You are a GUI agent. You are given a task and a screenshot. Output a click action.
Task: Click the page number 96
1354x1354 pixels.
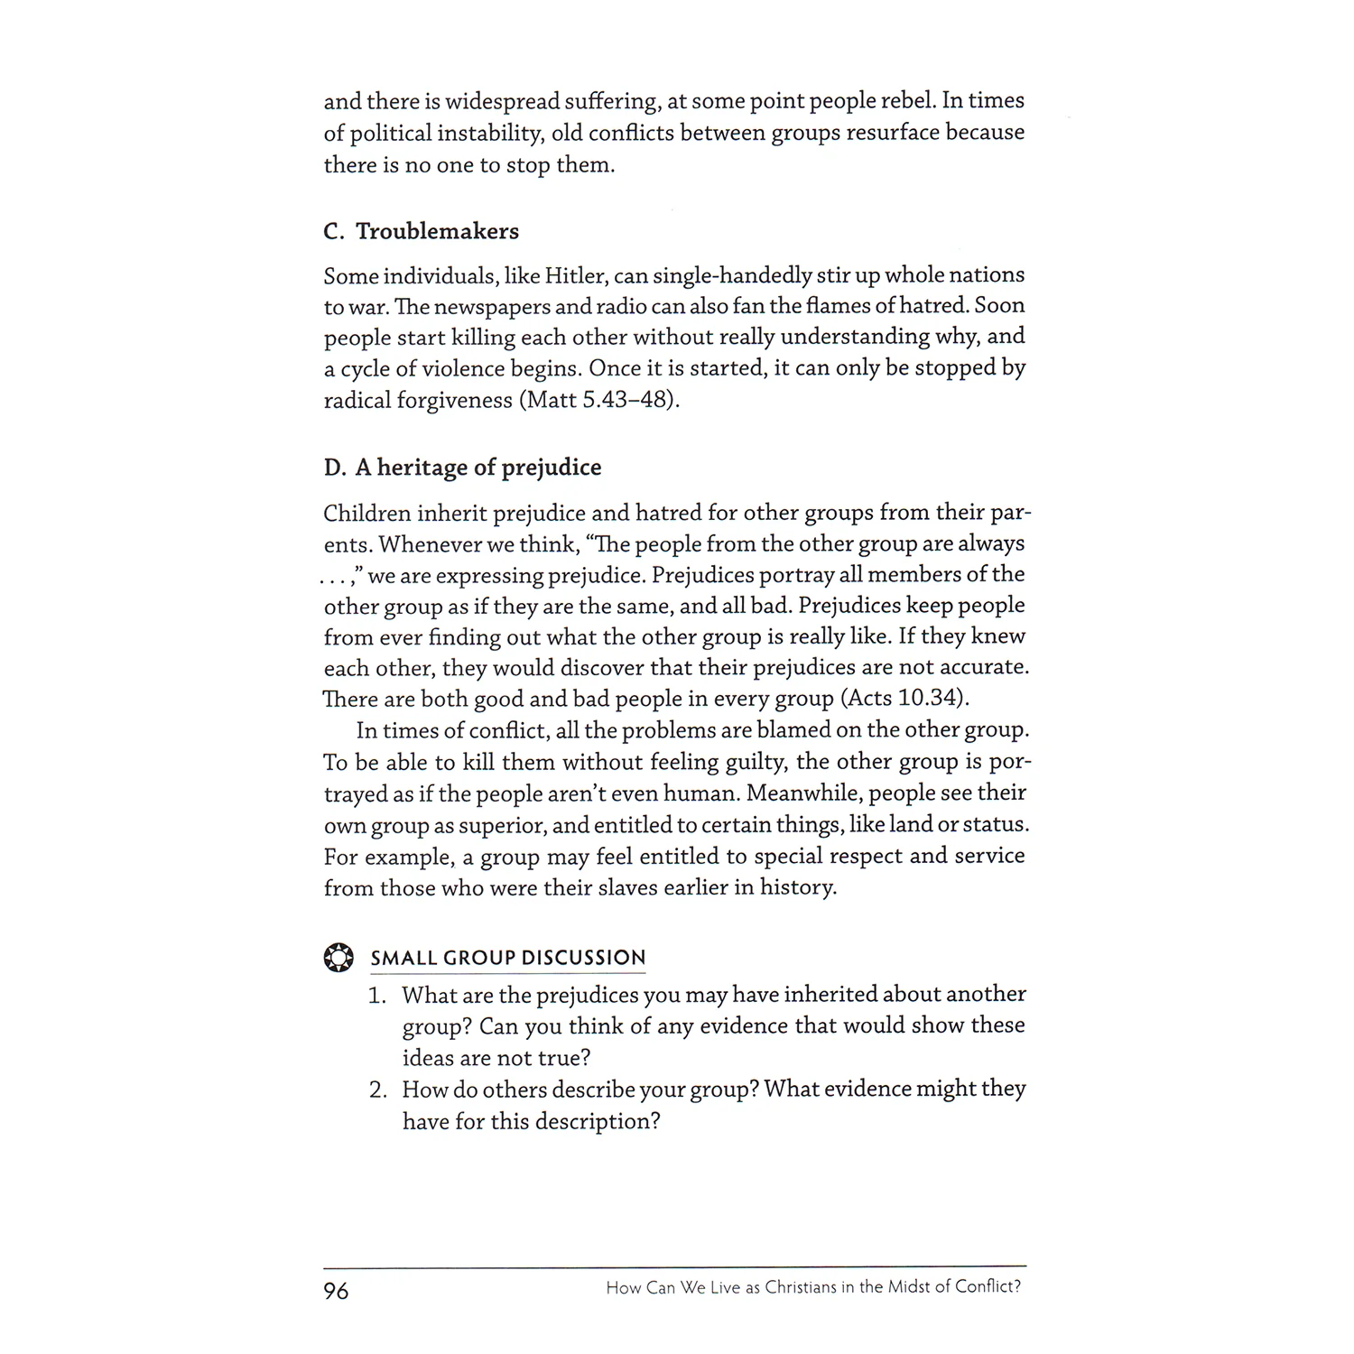pos(336,1291)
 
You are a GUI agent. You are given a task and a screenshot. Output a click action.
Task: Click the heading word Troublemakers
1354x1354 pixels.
pos(437,232)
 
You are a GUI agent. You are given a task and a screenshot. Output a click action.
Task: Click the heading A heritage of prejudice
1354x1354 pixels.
pos(478,468)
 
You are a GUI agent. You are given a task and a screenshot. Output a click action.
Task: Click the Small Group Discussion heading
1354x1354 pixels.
pos(508,958)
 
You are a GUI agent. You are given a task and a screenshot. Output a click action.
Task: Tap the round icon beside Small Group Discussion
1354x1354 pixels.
pos(338,958)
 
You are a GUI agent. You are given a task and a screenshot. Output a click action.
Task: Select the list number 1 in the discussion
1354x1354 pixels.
pos(376,996)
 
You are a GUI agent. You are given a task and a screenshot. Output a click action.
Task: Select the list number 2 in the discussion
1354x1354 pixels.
pos(377,1090)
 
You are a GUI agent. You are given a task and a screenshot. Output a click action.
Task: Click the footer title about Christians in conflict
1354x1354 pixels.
pos(813,1288)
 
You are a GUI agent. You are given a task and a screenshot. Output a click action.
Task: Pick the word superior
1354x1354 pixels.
pos(501,826)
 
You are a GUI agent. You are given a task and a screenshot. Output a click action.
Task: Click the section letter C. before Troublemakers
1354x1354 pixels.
pos(334,232)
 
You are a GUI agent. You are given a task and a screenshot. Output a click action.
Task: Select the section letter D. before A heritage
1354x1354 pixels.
pos(334,468)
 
